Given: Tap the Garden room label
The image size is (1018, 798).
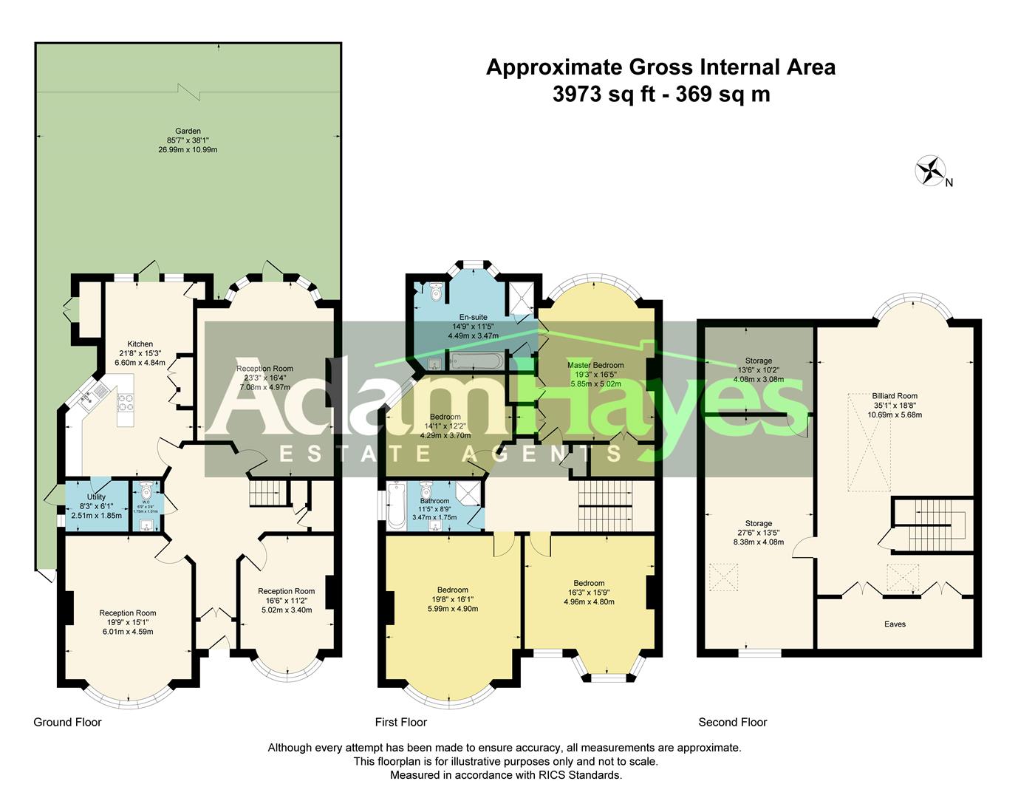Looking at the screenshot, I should click(188, 132).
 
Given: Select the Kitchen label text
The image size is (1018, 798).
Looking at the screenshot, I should click(140, 344).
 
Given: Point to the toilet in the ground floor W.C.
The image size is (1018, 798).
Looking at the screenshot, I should click(146, 491).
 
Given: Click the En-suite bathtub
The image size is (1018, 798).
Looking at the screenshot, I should click(477, 361).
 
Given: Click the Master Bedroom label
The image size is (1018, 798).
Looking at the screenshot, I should click(595, 365).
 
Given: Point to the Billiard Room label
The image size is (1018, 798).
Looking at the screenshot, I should click(894, 396).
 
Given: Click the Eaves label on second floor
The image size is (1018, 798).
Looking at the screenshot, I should click(895, 624).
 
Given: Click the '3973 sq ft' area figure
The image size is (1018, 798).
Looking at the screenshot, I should click(588, 95).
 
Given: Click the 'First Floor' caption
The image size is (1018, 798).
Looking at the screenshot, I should click(401, 722).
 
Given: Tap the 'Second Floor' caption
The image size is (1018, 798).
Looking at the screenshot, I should click(733, 722).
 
